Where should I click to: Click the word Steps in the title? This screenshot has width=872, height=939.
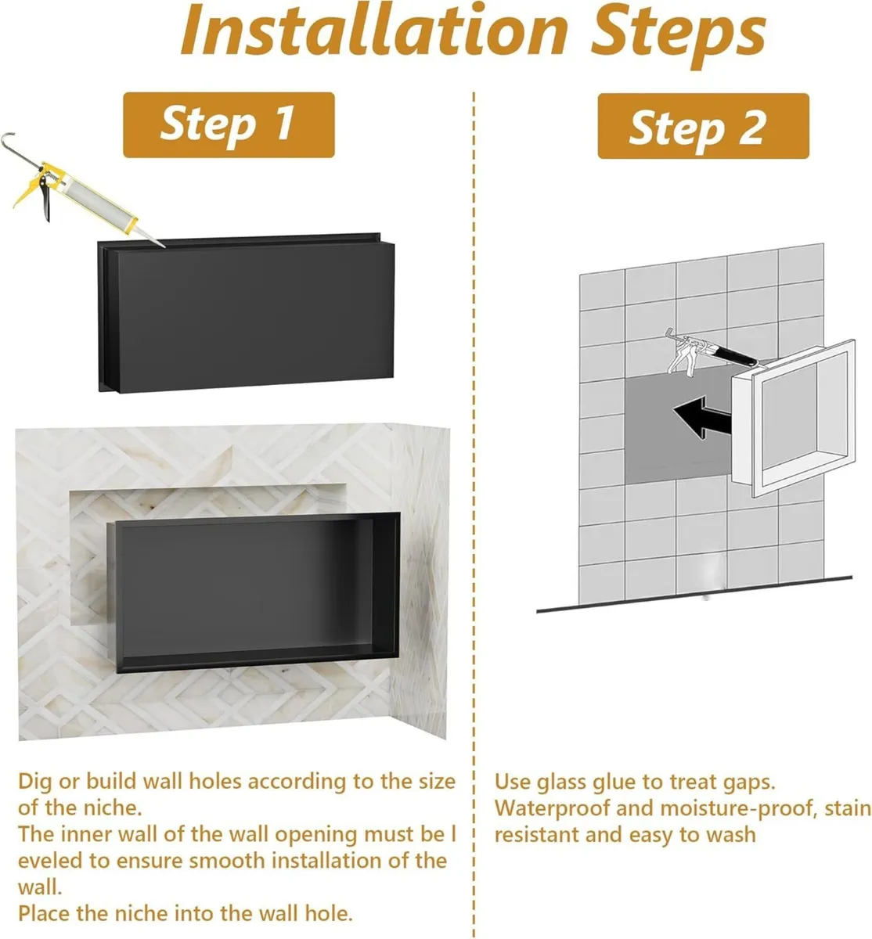(x=678, y=31)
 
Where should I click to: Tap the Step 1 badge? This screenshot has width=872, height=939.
(x=229, y=124)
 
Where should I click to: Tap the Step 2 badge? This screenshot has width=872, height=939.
(x=702, y=126)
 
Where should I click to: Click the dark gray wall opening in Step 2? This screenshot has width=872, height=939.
(x=665, y=454)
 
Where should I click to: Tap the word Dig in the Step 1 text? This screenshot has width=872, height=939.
(x=35, y=782)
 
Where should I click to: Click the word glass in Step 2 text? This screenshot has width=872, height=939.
(x=570, y=782)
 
